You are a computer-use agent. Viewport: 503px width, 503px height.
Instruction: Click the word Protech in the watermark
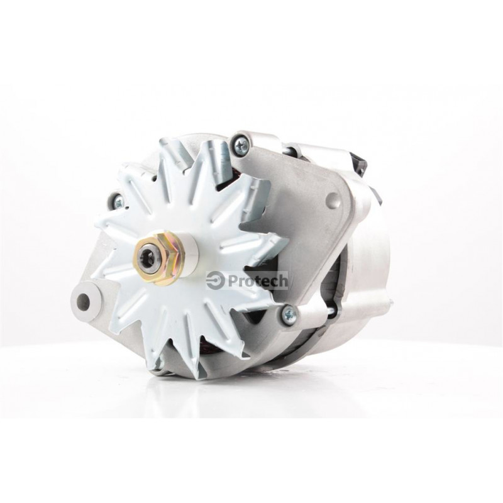[x=257, y=282]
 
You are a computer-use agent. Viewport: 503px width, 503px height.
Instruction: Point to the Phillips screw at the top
[x=240, y=145]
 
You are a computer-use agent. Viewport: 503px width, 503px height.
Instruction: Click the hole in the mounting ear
[x=84, y=301]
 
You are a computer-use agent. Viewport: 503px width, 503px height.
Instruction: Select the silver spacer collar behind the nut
[x=190, y=253]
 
